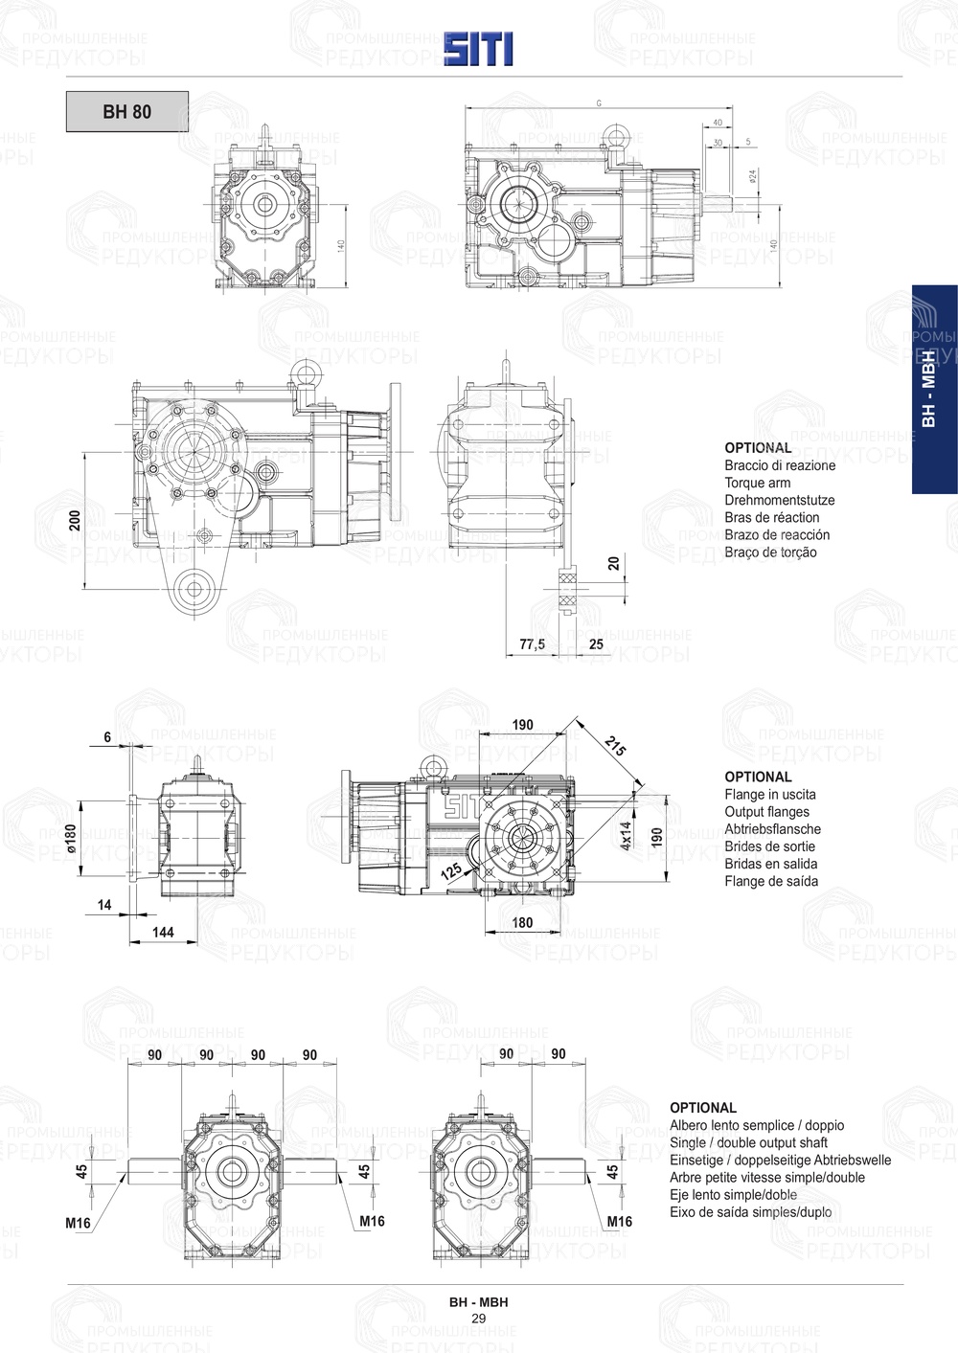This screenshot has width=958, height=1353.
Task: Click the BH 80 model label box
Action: coord(126,111)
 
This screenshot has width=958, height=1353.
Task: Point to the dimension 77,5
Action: coord(532,644)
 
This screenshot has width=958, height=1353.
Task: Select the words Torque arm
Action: coord(757,483)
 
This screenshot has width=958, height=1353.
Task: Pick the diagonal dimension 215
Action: coord(615,746)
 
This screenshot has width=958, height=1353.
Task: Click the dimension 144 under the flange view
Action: coord(163,932)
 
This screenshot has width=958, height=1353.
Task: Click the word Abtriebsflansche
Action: coord(772,829)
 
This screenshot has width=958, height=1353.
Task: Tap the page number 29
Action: coord(478,1319)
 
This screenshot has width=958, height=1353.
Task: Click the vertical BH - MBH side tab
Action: coord(928,389)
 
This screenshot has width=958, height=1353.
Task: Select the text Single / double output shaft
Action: coord(748,1142)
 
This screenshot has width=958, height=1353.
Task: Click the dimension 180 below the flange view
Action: coord(522,923)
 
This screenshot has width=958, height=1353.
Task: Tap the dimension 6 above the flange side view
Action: coord(107,736)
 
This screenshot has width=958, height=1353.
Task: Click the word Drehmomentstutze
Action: coord(779,500)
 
